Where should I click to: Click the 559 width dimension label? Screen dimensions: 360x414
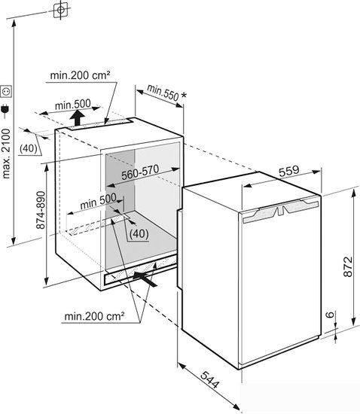pyautogui.click(x=289, y=171)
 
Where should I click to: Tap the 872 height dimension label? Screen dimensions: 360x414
pyautogui.click(x=348, y=266)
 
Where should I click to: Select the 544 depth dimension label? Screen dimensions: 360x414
pyautogui.click(x=209, y=379)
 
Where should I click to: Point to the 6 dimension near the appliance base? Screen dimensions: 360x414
pyautogui.click(x=330, y=315)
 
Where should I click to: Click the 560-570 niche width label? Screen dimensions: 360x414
pyautogui.click(x=140, y=172)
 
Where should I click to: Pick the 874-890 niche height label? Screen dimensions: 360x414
pyautogui.click(x=41, y=210)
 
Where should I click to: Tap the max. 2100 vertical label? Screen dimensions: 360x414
pyautogui.click(x=6, y=154)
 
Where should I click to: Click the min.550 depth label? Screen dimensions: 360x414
pyautogui.click(x=163, y=93)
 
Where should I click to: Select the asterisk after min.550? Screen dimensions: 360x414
pyautogui.click(x=183, y=95)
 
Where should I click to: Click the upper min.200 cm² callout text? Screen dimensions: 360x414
pyautogui.click(x=80, y=75)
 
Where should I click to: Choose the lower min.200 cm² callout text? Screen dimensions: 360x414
pyautogui.click(x=94, y=316)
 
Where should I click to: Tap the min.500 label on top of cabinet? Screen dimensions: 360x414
pyautogui.click(x=73, y=105)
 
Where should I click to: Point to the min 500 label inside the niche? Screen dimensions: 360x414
pyautogui.click(x=98, y=202)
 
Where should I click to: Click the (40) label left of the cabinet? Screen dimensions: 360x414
pyautogui.click(x=29, y=148)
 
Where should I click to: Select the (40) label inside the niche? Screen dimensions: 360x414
pyautogui.click(x=139, y=233)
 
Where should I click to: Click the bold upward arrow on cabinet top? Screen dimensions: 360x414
pyautogui.click(x=78, y=118)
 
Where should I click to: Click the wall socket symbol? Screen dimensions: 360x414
pyautogui.click(x=6, y=92)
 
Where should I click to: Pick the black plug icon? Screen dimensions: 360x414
pyautogui.click(x=5, y=109)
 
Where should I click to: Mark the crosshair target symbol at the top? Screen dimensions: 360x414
pyautogui.click(x=61, y=10)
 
